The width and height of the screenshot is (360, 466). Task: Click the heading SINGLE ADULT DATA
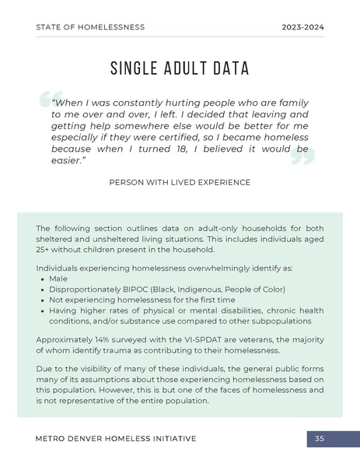pos(180,68)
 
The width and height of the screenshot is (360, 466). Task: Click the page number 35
pos(320,439)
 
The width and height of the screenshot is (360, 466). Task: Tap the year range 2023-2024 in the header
pos(302,27)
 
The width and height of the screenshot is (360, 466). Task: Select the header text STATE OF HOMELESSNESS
pos(90,27)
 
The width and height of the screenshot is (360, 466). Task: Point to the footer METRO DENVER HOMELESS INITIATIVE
pos(116,439)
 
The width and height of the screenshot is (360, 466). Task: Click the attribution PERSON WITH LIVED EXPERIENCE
pos(180,182)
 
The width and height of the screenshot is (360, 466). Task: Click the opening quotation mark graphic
pos(47,102)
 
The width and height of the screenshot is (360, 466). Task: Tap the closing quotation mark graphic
pos(302,157)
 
